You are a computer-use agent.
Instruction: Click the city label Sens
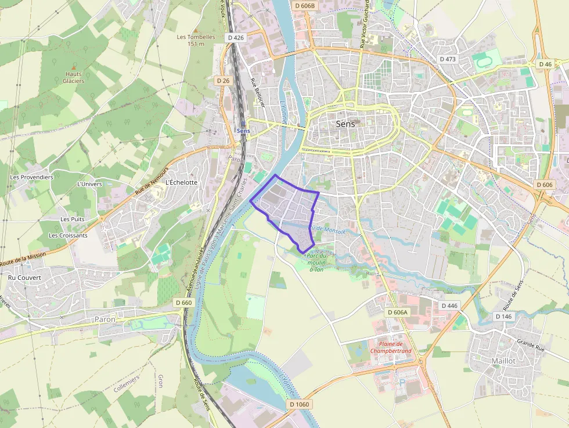(345, 124)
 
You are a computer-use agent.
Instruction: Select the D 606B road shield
(304, 6)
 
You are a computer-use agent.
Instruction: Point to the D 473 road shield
(448, 59)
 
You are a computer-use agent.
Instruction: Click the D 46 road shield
(545, 64)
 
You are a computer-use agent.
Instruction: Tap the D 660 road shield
(183, 303)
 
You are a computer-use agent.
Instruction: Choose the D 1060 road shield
(300, 404)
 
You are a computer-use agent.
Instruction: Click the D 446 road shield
(449, 305)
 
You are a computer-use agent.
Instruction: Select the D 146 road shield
(503, 316)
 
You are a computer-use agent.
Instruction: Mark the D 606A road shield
(398, 312)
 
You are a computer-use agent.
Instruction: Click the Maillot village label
(503, 361)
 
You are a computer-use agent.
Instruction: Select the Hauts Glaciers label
(74, 77)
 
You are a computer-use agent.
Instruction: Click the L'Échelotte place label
(182, 182)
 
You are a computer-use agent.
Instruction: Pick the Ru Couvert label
(24, 278)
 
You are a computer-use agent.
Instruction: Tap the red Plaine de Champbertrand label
(391, 347)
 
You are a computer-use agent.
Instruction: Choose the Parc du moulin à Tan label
(317, 262)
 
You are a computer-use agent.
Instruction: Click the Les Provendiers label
(32, 177)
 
